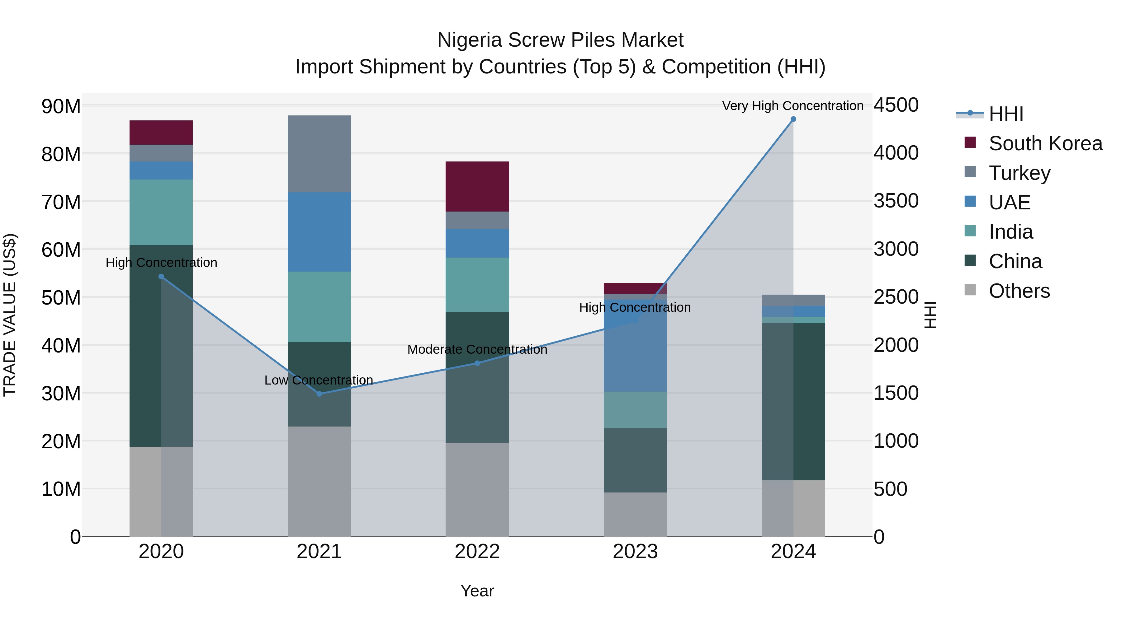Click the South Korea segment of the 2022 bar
click(x=477, y=187)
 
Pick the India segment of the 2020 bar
click(x=161, y=212)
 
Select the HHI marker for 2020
click(x=161, y=277)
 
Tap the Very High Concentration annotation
click(x=792, y=106)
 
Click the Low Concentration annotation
click(x=319, y=380)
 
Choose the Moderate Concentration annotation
click(x=477, y=350)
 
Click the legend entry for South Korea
click(x=1045, y=143)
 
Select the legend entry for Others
click(x=1019, y=291)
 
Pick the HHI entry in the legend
click(x=1006, y=114)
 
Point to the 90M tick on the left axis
click(x=61, y=106)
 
